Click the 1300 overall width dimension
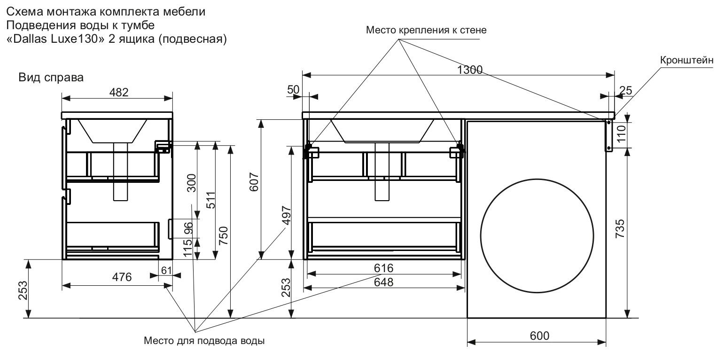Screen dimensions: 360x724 (x=469, y=70)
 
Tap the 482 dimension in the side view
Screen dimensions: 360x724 (x=118, y=93)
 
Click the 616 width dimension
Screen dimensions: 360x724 (x=383, y=268)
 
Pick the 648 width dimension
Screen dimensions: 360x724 (x=383, y=282)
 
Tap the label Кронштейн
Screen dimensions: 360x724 (x=686, y=60)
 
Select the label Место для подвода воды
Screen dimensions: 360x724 (x=204, y=341)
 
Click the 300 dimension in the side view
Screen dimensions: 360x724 (x=191, y=183)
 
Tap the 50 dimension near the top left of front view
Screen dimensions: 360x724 (x=305, y=89)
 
